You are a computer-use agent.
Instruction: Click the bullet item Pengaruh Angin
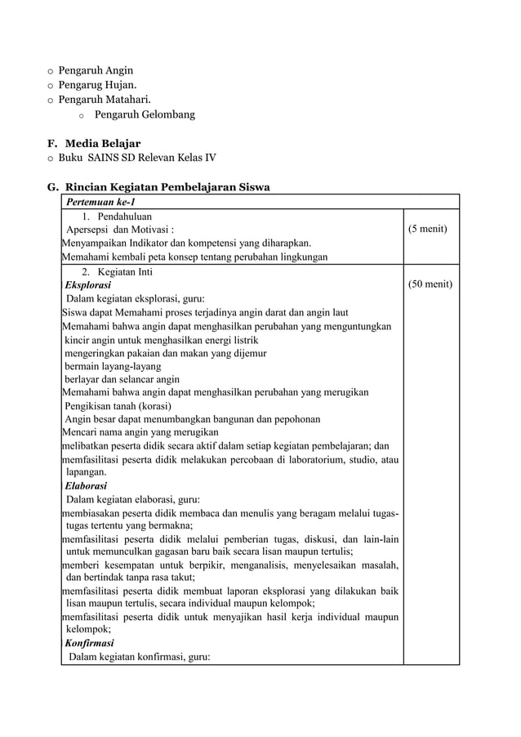pos(96,70)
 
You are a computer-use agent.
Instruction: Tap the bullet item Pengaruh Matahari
pos(105,100)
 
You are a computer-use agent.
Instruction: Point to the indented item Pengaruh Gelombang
pos(145,114)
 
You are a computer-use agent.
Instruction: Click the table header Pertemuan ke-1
pos(100,202)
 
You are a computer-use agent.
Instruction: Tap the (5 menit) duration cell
pos(427,229)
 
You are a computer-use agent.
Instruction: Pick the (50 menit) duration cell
pos(430,284)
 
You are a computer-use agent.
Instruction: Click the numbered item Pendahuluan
pos(125,217)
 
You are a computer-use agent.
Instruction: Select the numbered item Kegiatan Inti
pos(124,271)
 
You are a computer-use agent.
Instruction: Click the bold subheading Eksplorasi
pos(88,285)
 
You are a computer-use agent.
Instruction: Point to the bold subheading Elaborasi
pos(87,485)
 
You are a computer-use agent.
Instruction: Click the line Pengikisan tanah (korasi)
pos(118,406)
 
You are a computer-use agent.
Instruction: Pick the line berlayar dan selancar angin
pos(122,379)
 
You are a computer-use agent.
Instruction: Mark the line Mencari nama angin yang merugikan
pos(140,432)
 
